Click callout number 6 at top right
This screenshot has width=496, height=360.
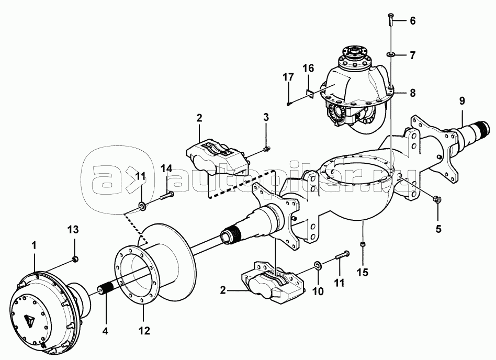coord(412,21)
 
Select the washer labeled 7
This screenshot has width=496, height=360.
coord(390,55)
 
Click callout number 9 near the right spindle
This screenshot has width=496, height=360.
coord(462,101)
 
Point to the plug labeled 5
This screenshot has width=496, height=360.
coord(437,199)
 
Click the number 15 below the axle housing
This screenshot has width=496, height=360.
coord(363,272)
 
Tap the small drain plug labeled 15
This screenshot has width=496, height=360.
coord(363,244)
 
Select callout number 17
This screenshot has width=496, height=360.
coord(288,77)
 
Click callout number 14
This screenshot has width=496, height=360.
coord(167,168)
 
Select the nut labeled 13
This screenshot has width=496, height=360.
coord(75,260)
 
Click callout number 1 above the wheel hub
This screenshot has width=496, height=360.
coord(34,245)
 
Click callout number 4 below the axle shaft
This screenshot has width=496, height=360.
coord(105,331)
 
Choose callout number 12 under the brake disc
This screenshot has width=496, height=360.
coord(144,331)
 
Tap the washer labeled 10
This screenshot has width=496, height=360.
coord(318,266)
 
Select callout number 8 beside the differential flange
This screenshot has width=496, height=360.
coord(412,93)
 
